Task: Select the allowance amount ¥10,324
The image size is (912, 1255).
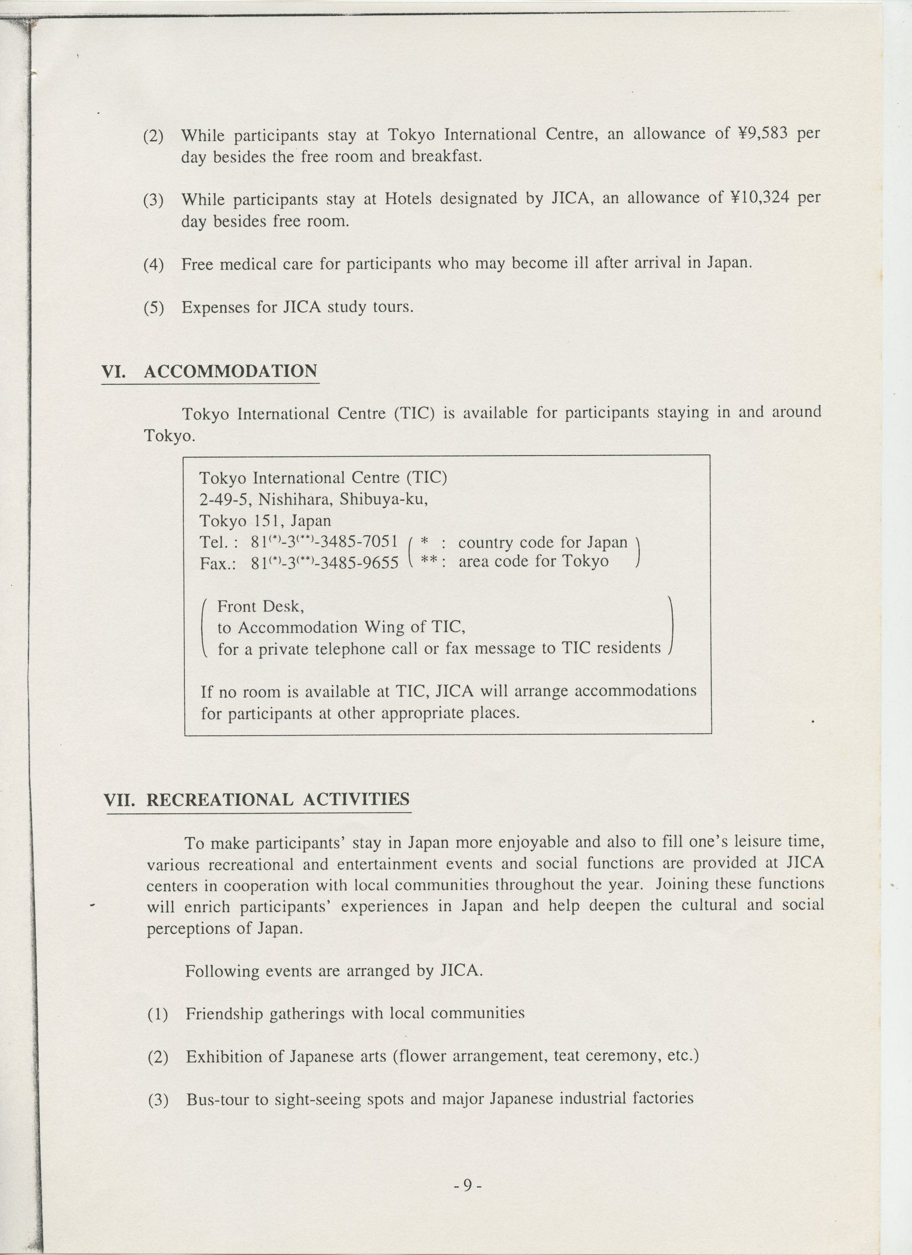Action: coord(756,198)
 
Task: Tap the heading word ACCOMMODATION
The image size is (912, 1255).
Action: coord(230,371)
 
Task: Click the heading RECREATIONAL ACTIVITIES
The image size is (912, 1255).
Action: coord(278,800)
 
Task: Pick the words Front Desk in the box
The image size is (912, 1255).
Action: coord(260,607)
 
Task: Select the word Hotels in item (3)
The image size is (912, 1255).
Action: coord(408,199)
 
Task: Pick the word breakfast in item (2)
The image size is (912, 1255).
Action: coord(446,156)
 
